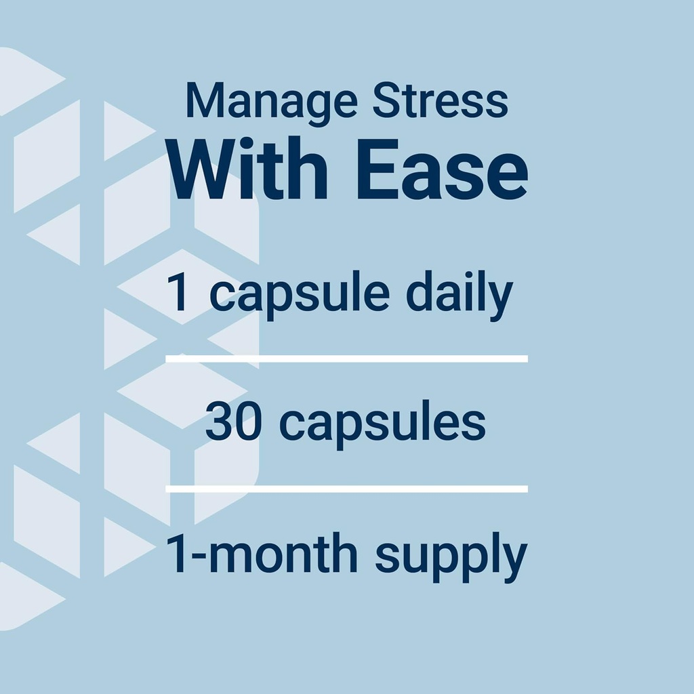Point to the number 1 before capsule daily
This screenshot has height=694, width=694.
178,293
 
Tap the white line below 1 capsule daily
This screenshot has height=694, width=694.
346,358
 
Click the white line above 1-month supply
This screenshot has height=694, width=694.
346,489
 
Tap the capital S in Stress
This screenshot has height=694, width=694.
384,102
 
